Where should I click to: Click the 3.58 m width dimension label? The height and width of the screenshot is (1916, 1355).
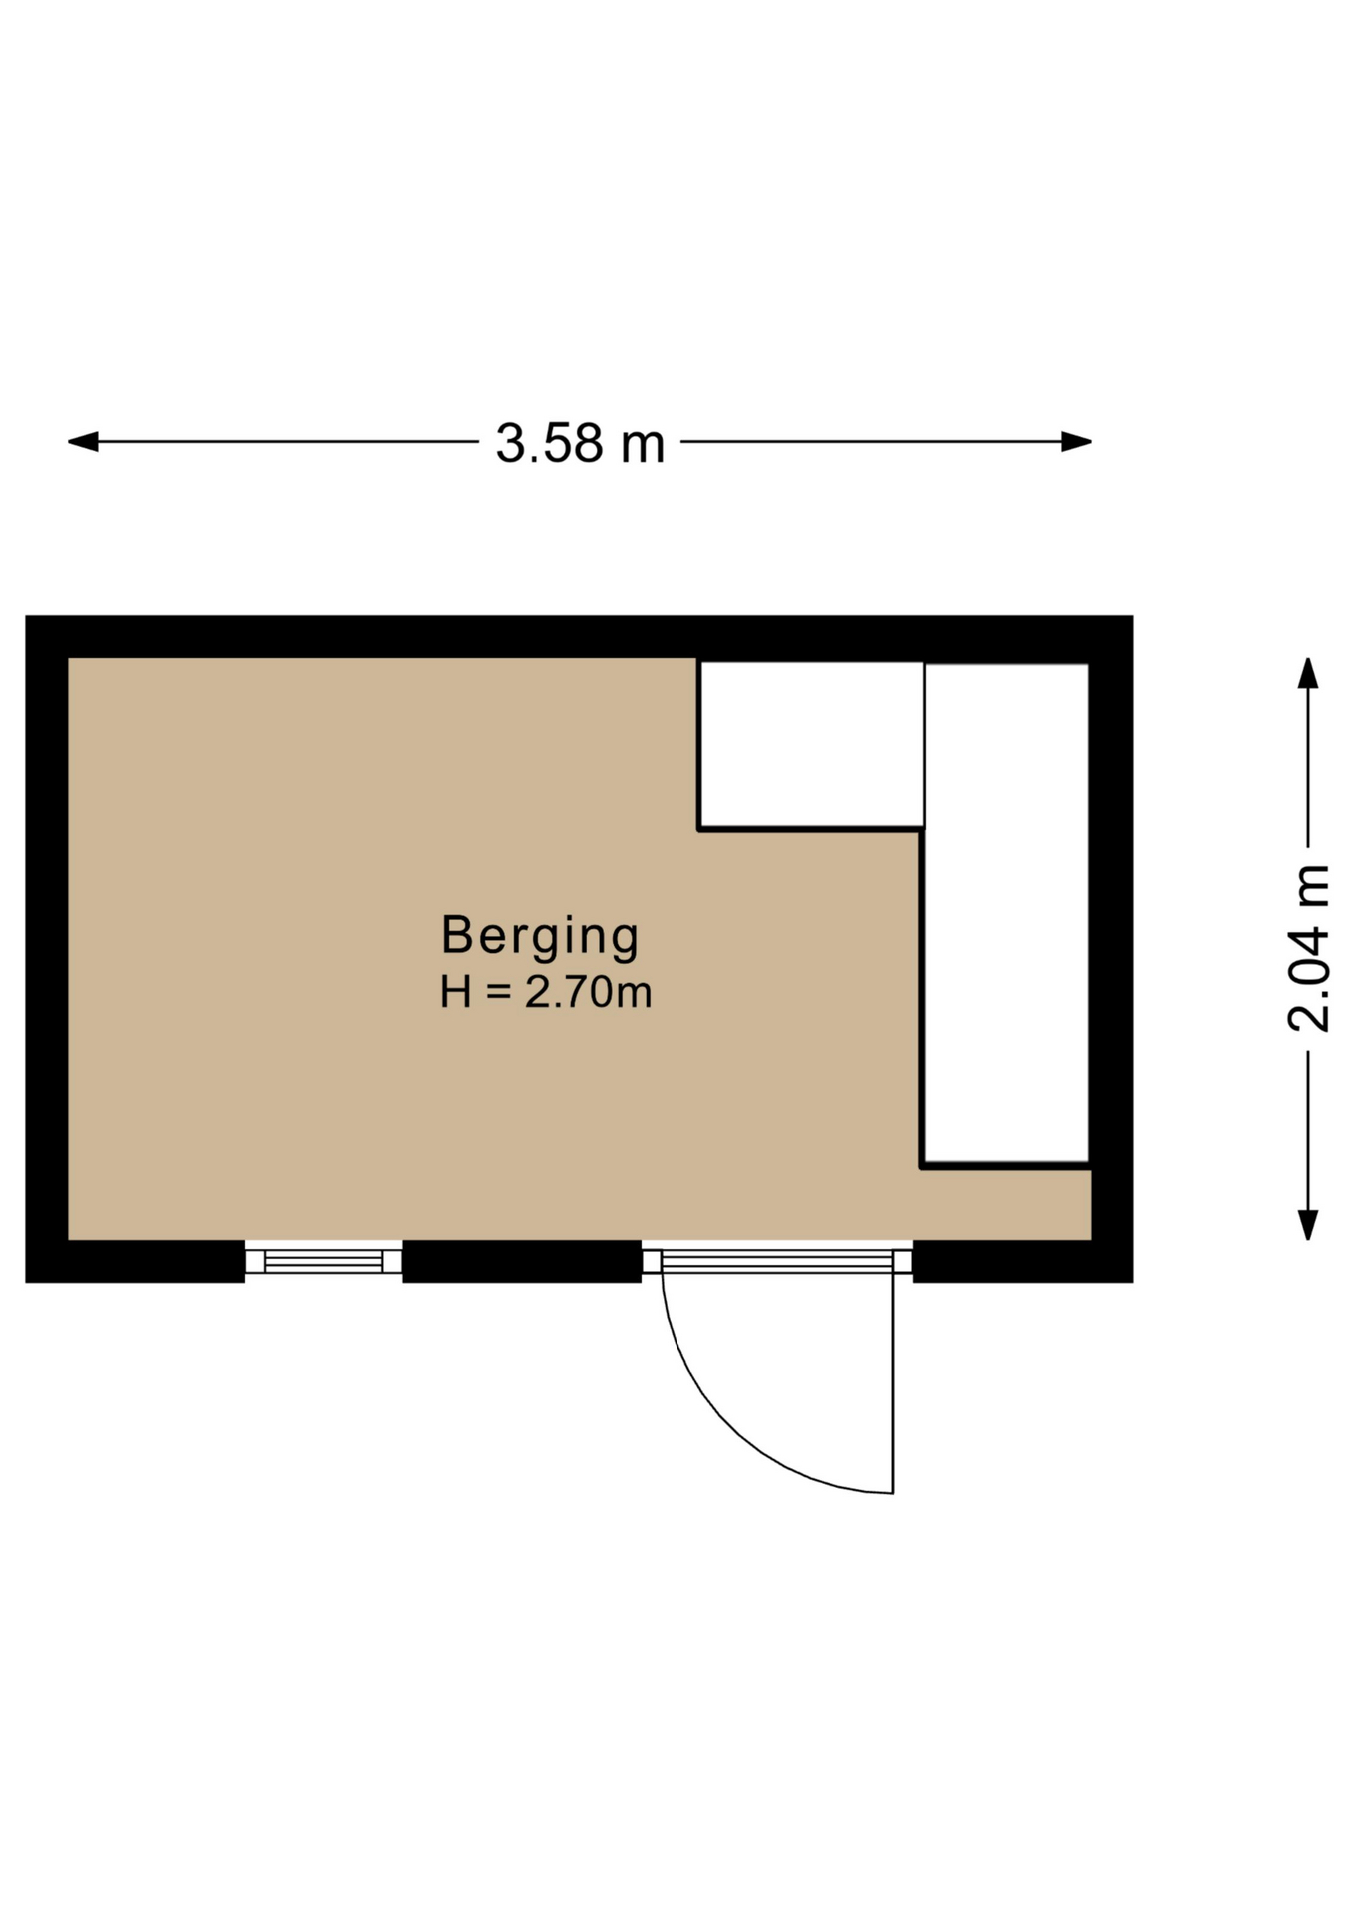click(580, 444)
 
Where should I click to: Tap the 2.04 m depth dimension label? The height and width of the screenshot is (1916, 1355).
click(1308, 948)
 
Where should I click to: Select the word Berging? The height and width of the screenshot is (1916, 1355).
click(540, 937)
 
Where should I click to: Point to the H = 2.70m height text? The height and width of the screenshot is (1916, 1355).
click(546, 993)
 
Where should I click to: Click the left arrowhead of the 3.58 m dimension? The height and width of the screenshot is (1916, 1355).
click(82, 441)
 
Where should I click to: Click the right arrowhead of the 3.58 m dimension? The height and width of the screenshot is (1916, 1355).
click(1077, 441)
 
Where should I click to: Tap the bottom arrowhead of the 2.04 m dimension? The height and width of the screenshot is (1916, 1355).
click(1308, 1225)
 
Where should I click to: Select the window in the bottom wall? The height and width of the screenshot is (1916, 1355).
click(324, 1261)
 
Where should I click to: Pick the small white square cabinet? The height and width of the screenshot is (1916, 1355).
click(811, 744)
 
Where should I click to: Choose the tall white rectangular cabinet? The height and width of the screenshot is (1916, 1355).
click(1006, 913)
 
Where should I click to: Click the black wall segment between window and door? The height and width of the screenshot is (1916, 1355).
click(522, 1261)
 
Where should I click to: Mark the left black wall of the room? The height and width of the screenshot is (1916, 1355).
click(47, 949)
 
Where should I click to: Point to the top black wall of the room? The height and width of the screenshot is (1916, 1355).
click(580, 637)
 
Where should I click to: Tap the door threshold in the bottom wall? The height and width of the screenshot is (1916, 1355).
click(777, 1261)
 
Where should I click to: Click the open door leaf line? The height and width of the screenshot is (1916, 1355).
click(893, 1384)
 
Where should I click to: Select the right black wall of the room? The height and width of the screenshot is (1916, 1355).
click(1113, 949)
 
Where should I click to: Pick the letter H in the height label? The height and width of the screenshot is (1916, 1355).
click(456, 993)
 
